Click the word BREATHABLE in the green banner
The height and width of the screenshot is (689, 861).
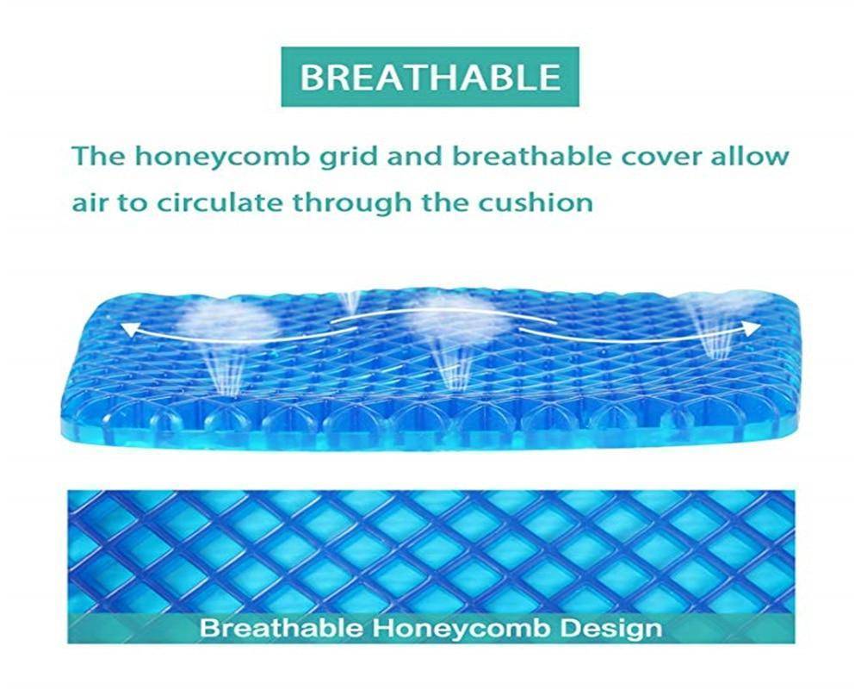tap(430, 77)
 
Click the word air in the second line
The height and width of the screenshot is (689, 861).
tap(88, 203)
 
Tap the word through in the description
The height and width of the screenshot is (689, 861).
tap(351, 204)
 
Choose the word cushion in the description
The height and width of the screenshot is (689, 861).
tap(535, 202)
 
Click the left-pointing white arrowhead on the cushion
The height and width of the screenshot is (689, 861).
tap(127, 329)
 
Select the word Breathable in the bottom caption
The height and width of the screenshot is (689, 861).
tap(282, 627)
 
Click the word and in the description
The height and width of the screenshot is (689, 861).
tap(415, 157)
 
